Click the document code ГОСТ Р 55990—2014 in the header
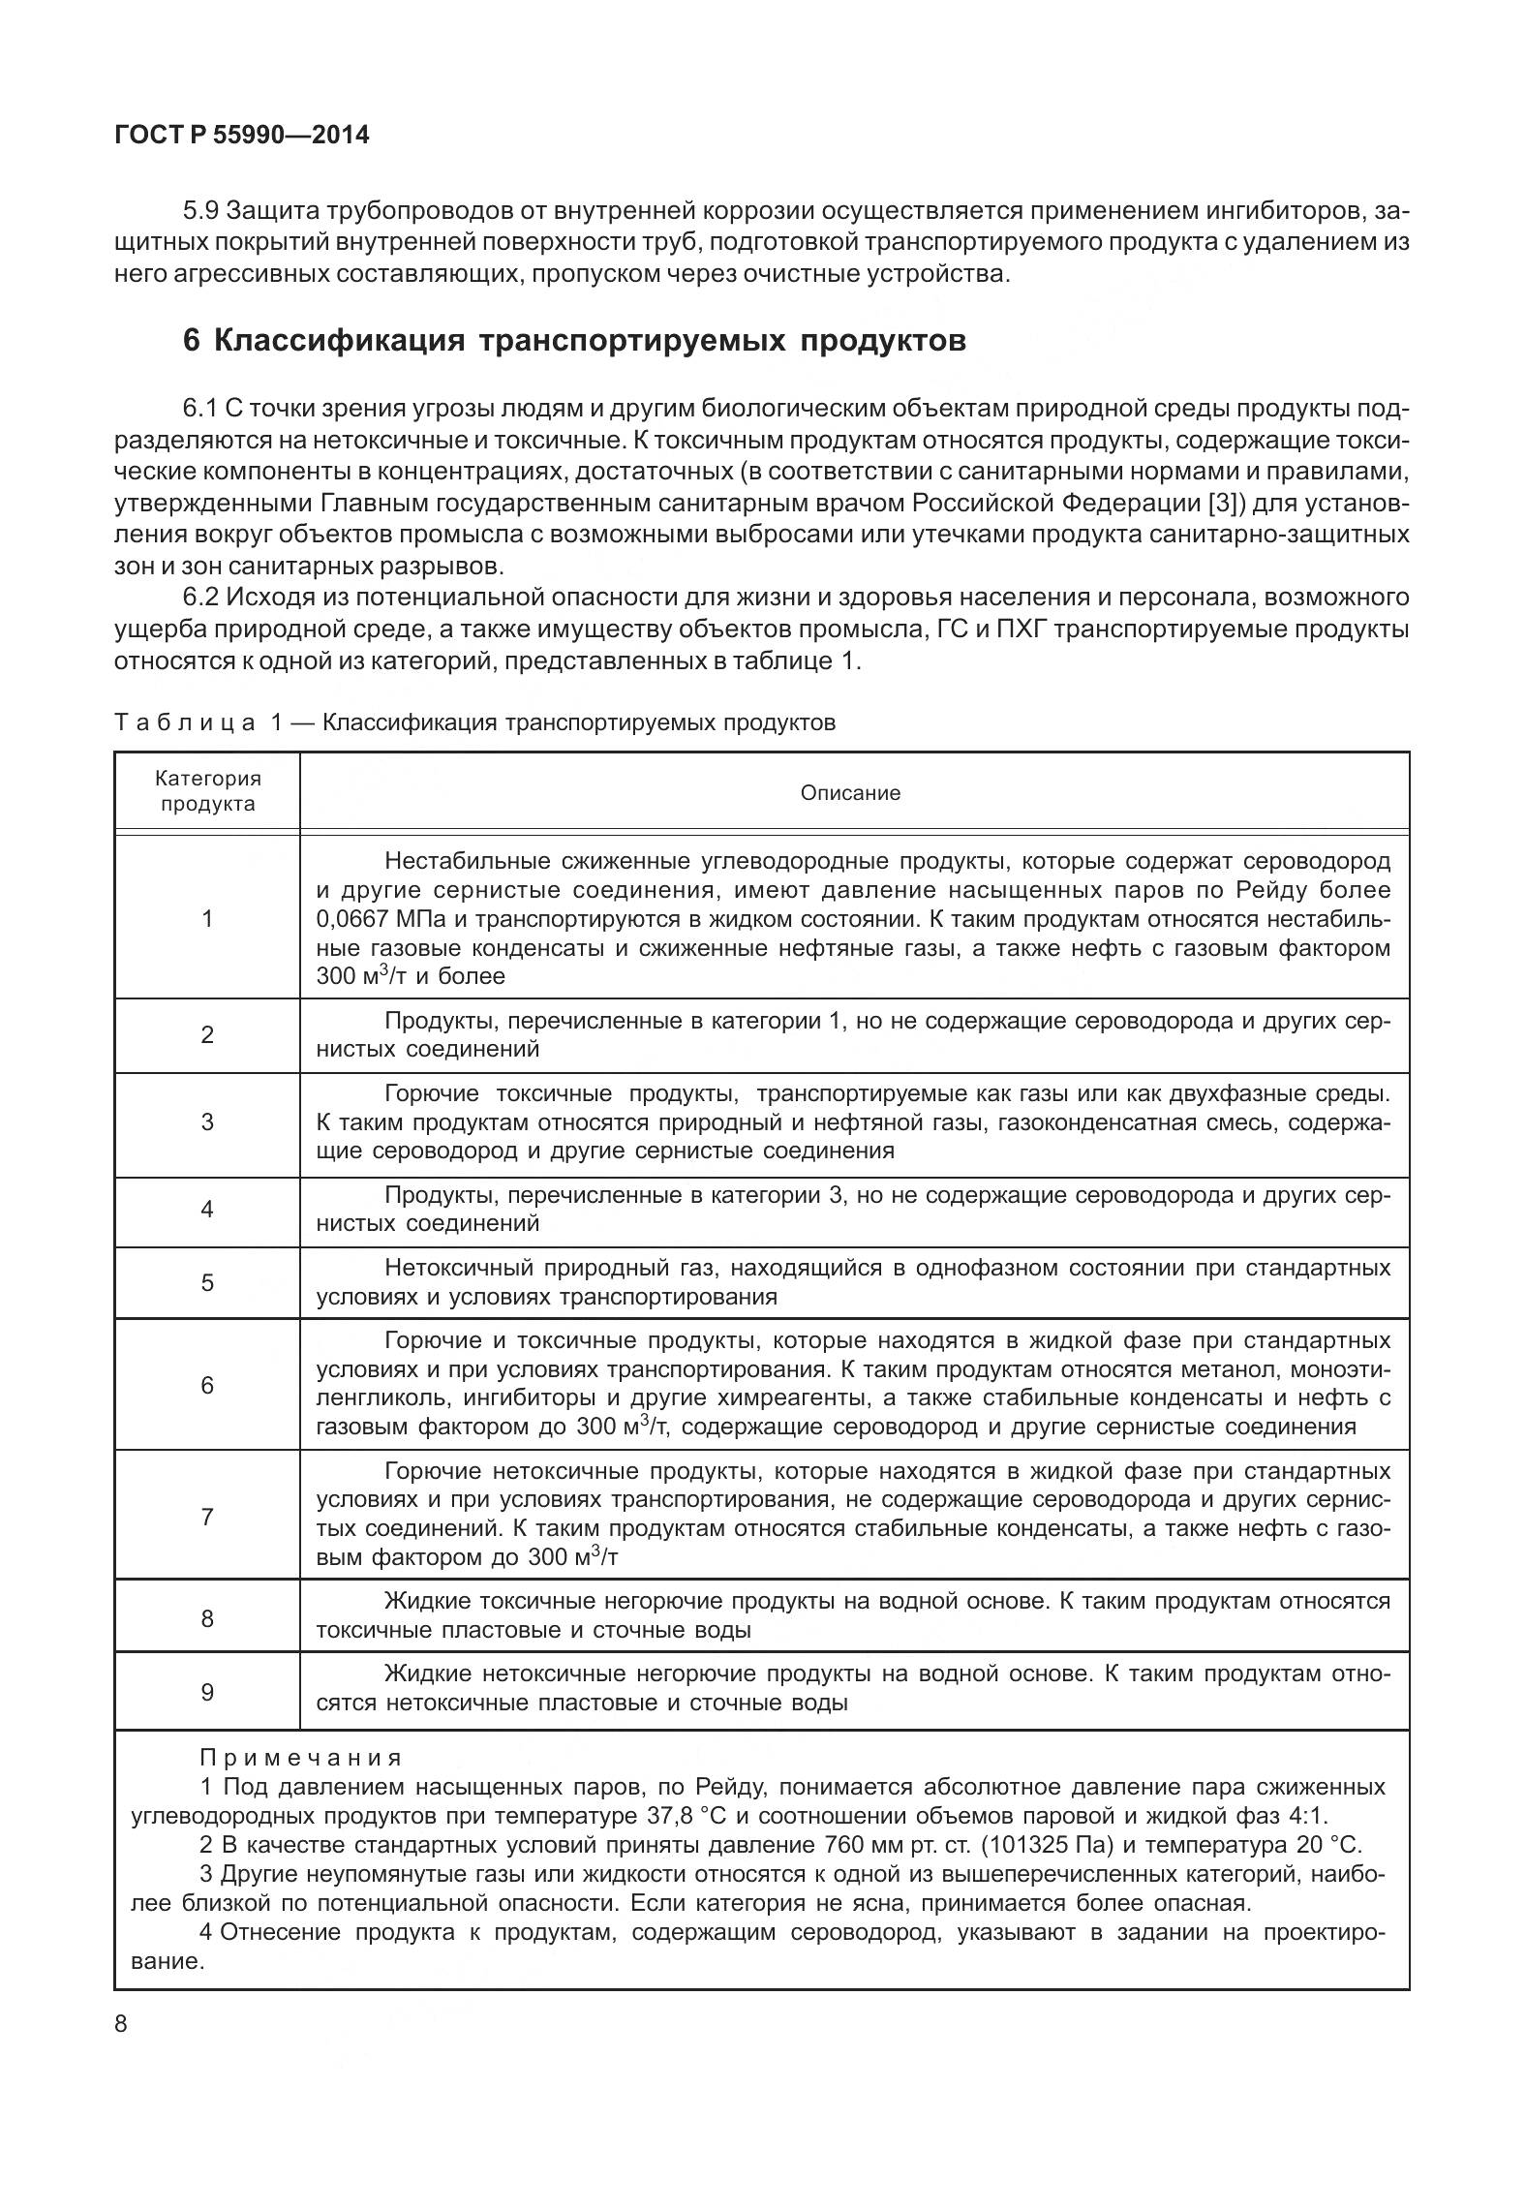tap(241, 136)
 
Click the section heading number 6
tap(192, 341)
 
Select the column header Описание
tap(850, 792)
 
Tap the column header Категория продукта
tap(208, 791)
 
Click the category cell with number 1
tap(207, 918)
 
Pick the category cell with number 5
tap(207, 1282)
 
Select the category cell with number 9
tap(207, 1692)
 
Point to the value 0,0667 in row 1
tap(351, 918)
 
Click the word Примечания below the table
tap(301, 1757)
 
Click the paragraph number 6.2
tap(201, 597)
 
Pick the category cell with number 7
tap(207, 1517)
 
